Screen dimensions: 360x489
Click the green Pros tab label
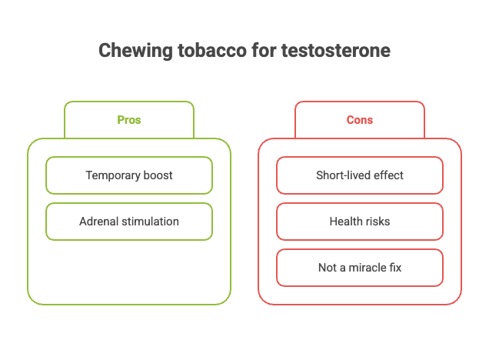coord(129,120)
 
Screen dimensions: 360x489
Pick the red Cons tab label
coord(360,120)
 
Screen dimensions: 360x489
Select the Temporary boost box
coord(129,175)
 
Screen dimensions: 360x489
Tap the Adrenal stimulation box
coord(129,222)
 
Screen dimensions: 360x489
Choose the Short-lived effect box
coord(360,175)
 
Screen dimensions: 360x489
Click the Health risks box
coord(360,222)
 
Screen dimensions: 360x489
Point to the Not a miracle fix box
coord(360,268)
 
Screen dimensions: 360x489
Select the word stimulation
coord(150,222)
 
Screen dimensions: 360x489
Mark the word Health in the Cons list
coord(345,222)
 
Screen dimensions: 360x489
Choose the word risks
coord(378,222)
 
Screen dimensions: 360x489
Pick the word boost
coord(158,175)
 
